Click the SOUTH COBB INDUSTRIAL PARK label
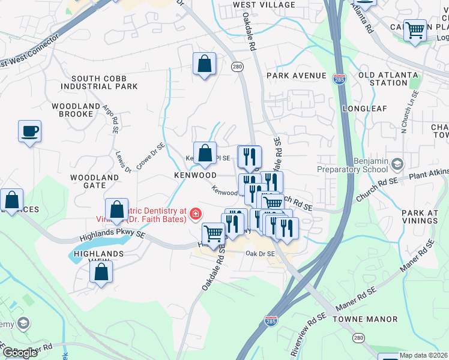tap(104, 82)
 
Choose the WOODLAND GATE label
tap(95, 182)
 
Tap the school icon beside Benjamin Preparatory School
tap(397, 163)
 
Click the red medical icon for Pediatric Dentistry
tap(195, 214)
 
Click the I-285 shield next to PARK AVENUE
tap(340, 79)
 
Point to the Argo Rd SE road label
tap(112, 117)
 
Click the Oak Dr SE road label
tap(259, 254)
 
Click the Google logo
tap(20, 353)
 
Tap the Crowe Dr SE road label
tap(151, 155)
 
